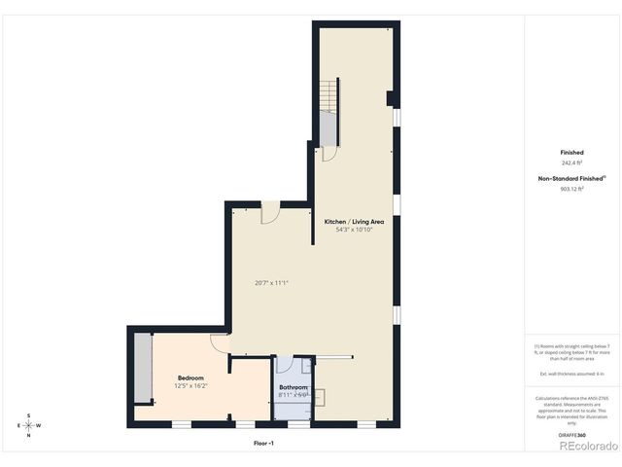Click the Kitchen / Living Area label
point(353,222)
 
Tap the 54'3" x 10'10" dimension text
point(354,231)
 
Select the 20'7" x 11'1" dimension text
point(272,283)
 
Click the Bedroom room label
point(190,377)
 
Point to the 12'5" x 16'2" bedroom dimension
point(190,386)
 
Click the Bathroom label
point(294,387)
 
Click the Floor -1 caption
point(263,443)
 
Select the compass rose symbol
point(29,425)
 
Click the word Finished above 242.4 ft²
point(571,153)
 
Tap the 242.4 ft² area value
point(571,163)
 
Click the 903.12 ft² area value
point(571,189)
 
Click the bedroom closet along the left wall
point(144,367)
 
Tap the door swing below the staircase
point(328,154)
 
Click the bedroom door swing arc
point(220,342)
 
